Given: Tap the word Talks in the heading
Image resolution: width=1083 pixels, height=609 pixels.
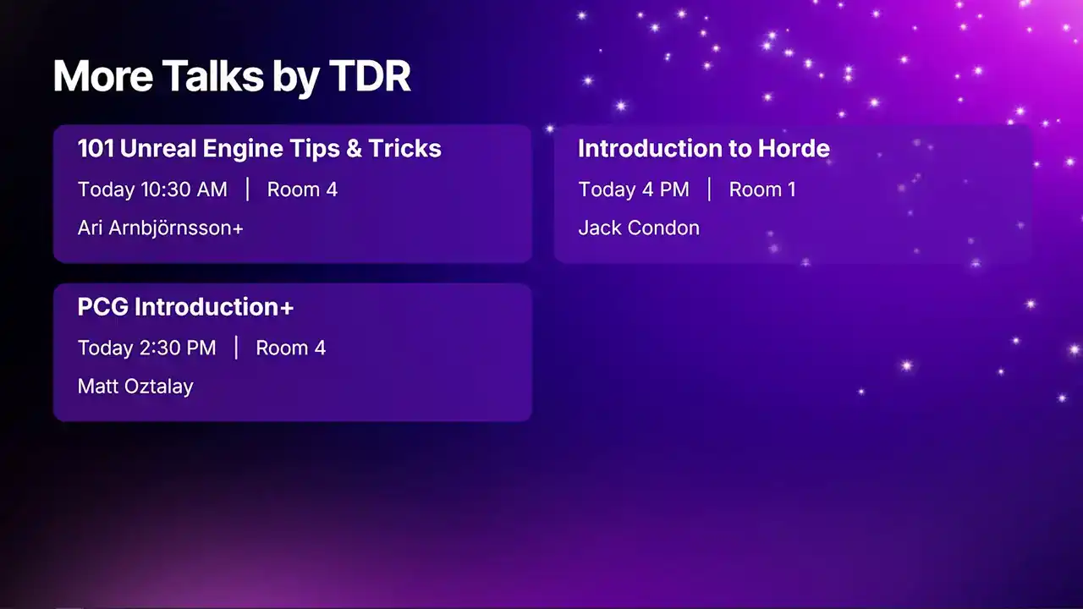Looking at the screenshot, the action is click(x=212, y=76).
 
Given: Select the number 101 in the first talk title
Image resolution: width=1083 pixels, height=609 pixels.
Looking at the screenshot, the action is click(x=96, y=148).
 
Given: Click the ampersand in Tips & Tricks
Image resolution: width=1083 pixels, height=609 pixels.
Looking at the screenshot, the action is click(x=354, y=148).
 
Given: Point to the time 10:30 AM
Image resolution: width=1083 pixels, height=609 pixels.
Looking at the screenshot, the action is click(x=184, y=189).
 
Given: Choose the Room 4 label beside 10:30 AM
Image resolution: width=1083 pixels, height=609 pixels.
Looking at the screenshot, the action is click(x=302, y=189).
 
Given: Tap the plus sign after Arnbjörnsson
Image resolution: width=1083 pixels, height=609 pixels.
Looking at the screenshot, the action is click(x=238, y=229).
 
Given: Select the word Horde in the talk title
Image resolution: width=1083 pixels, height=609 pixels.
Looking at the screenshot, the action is click(x=794, y=148).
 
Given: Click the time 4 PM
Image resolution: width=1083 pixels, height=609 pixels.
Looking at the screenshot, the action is click(x=666, y=189).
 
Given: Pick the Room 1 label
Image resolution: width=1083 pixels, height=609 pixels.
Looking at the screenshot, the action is click(x=762, y=189).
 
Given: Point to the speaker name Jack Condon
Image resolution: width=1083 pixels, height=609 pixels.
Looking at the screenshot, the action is click(x=639, y=228).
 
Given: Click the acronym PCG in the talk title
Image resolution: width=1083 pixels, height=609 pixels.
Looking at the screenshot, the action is click(x=103, y=307).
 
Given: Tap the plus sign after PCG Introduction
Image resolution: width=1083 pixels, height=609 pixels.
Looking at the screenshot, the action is click(x=287, y=308).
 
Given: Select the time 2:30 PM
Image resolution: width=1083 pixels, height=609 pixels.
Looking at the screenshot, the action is click(x=178, y=348).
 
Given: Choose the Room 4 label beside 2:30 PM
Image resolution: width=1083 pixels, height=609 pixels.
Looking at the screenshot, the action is click(x=290, y=348).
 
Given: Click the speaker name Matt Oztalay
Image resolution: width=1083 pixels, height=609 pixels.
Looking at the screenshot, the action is click(x=135, y=387).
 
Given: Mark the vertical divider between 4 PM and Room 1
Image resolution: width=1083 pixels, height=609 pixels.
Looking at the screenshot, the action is click(x=709, y=189).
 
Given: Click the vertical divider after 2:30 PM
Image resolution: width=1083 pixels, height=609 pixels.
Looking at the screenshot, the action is click(x=236, y=348).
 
